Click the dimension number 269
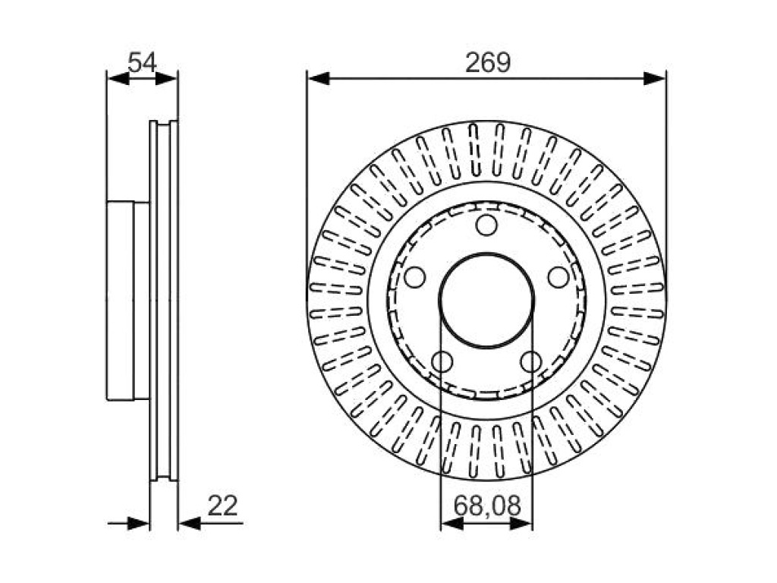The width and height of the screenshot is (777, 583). click(488, 63)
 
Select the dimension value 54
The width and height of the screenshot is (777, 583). click(142, 63)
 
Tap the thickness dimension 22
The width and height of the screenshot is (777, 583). click(222, 506)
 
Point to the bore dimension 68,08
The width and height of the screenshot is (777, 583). click(487, 506)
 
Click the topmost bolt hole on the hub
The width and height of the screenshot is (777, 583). click(486, 225)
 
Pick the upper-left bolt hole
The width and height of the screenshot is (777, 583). click(415, 276)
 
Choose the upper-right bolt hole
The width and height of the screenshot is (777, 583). click(558, 276)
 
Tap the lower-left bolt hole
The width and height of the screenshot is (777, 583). click(442, 361)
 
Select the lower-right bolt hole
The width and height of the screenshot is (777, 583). click(531, 361)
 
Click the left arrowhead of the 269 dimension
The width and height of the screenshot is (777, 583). click(319, 78)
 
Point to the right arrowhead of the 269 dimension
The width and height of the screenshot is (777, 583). click(655, 78)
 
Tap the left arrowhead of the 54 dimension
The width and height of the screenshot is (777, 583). click(118, 78)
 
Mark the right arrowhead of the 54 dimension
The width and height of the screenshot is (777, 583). click(166, 78)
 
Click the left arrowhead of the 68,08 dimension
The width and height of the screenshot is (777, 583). click(452, 523)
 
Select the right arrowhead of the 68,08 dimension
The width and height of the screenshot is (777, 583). click(521, 523)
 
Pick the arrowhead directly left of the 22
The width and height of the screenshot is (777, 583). click(189, 523)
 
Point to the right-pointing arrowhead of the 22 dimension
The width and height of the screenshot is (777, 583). click(138, 523)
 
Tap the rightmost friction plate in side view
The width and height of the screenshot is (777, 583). click(174, 301)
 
